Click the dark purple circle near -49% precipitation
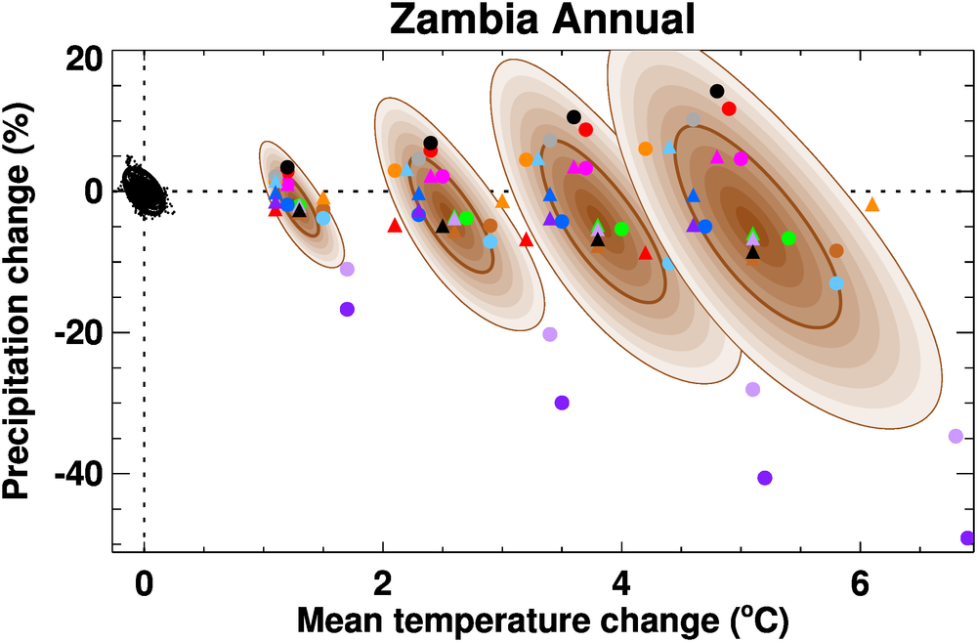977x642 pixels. click(967, 537)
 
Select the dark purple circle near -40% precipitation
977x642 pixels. click(765, 478)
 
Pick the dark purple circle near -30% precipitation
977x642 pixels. click(562, 403)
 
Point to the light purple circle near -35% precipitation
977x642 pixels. click(956, 436)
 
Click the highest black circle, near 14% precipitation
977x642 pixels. click(716, 91)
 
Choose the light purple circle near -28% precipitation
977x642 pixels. click(752, 389)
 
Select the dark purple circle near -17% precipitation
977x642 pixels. click(347, 309)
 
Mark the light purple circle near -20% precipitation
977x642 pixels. click(550, 334)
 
